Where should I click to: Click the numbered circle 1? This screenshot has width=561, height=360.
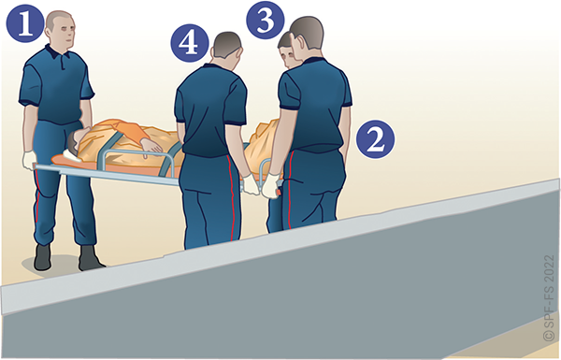pyautogui.click(x=25, y=23)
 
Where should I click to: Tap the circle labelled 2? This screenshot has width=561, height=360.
pyautogui.click(x=375, y=139)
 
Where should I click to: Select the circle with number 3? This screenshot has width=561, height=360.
pyautogui.click(x=266, y=20)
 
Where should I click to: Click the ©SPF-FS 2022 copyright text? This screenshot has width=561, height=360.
pyautogui.click(x=549, y=297)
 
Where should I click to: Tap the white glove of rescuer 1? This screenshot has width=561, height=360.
pyautogui.click(x=29, y=160)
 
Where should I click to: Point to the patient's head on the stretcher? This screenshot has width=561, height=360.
pyautogui.click(x=75, y=140)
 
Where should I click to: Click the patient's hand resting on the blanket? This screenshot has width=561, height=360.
pyautogui.click(x=151, y=146)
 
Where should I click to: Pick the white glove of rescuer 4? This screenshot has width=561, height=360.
pyautogui.click(x=252, y=184)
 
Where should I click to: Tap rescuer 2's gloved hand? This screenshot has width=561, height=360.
pyautogui.click(x=271, y=186)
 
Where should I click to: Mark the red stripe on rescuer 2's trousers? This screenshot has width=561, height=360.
pyautogui.click(x=290, y=190)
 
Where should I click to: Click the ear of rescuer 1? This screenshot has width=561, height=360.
pyautogui.click(x=49, y=32)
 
